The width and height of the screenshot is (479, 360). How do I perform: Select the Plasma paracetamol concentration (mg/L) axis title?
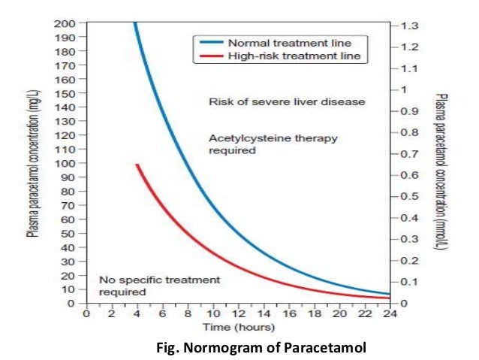pos(33,163)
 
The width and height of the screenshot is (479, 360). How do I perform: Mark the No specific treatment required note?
pos(159,285)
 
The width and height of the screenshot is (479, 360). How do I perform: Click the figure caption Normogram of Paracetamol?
pos(256,347)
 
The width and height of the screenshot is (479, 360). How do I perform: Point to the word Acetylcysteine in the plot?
pos(241,138)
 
